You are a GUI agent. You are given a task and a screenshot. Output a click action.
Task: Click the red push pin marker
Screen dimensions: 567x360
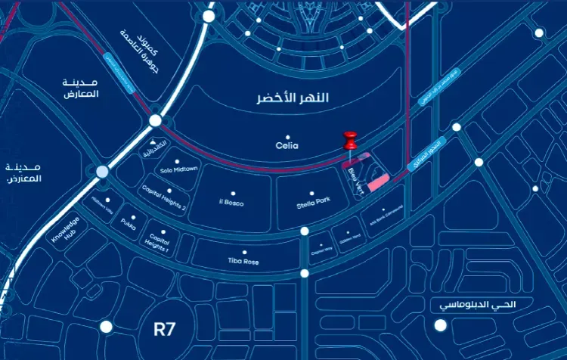coord(349,141)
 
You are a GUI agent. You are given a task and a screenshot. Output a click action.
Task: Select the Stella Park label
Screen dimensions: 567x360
coord(313,200)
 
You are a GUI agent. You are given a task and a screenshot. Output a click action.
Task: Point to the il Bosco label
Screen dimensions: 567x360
coord(231,203)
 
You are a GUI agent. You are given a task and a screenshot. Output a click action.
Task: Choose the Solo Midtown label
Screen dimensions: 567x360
coord(179,169)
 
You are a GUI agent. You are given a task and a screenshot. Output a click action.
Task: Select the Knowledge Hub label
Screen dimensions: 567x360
coord(65,236)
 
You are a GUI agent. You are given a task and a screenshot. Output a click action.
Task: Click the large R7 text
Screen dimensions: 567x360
coord(165,329)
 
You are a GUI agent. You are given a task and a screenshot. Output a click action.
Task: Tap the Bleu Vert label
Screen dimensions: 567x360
coord(358,182)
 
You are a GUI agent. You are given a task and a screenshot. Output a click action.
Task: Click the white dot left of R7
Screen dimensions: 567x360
coord(107,327)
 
